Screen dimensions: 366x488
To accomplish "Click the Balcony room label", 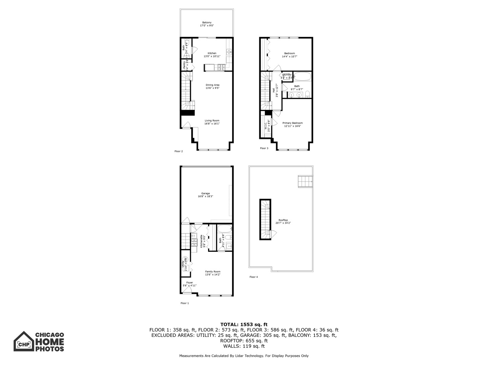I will pyautogui.click(x=207, y=24).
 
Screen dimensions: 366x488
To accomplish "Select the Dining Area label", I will pyautogui.click(x=212, y=86).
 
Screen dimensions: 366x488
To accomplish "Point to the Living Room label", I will pyautogui.click(x=212, y=122).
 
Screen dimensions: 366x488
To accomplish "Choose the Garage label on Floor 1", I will pyautogui.click(x=205, y=195).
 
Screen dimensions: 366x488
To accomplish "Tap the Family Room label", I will pyautogui.click(x=212, y=273).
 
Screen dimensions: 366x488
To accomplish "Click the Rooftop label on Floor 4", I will pyautogui.click(x=283, y=221).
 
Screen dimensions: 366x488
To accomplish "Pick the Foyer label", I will pyautogui.click(x=189, y=284).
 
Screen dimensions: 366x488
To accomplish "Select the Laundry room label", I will pyautogui.click(x=286, y=76).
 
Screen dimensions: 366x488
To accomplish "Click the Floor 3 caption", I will pyautogui.click(x=264, y=148).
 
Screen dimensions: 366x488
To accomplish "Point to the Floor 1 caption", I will pyautogui.click(x=184, y=303).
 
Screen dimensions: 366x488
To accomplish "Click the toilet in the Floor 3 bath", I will pyautogui.click(x=307, y=94).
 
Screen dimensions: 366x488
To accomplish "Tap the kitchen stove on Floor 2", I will pyautogui.click(x=222, y=68).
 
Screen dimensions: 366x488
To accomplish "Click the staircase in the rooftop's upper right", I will pyautogui.click(x=305, y=181).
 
